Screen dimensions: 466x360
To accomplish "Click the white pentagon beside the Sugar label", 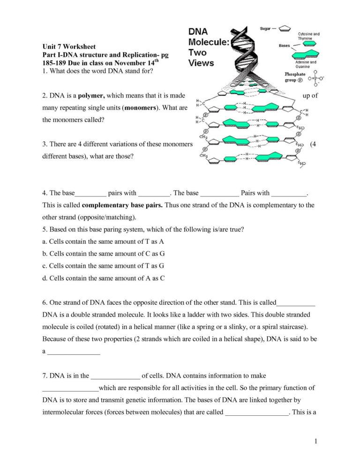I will pos(285,28).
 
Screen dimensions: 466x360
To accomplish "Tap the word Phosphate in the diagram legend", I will pos(295,74).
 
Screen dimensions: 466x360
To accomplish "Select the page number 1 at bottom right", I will pos(316,441).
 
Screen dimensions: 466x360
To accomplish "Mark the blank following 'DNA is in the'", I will pos(115,376).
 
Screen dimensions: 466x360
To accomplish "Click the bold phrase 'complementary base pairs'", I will pos(122,205).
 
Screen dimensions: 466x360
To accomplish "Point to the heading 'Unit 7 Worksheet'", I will pos(69,47).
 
